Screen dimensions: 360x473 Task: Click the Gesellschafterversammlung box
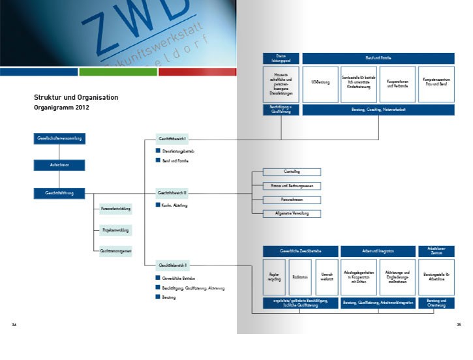[59, 138]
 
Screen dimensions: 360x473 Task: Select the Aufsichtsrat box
[59, 166]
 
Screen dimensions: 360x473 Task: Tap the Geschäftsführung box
[59, 193]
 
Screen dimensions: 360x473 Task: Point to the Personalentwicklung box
[115, 209]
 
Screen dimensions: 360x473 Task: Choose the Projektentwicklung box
[115, 230]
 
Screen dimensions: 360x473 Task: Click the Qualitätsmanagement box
[115, 251]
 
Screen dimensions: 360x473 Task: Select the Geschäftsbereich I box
[172, 139]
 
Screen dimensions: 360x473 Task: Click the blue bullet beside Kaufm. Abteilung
[158, 205]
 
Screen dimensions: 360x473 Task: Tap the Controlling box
[292, 172]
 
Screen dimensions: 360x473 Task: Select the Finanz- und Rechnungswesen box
[292, 186]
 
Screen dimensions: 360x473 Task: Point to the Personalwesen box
[292, 200]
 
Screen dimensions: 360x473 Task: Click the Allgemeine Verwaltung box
[292, 213]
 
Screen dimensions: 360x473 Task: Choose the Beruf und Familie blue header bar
[378, 59]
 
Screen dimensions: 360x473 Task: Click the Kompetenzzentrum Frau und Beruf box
[435, 84]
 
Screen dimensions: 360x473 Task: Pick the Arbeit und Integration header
[378, 251]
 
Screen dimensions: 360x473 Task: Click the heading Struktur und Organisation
[76, 97]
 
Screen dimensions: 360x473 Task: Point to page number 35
[459, 324]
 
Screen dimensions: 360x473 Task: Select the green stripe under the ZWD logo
[118, 72]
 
